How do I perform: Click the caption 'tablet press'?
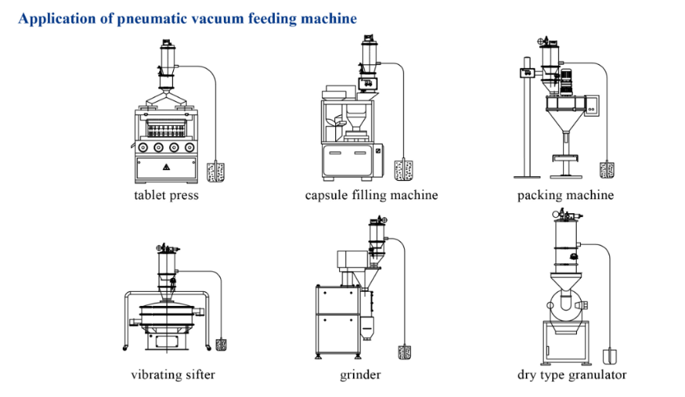coord(166,195)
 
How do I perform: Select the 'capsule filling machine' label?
coord(371,195)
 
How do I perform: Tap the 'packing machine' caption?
coord(565,195)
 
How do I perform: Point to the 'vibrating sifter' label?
coord(173,375)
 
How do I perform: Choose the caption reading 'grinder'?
coord(360,375)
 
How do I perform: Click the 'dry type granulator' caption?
coord(571,375)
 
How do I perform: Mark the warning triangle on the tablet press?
coord(164,167)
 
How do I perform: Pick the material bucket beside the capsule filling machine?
coord(402,169)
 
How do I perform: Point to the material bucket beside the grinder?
coord(404,352)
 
